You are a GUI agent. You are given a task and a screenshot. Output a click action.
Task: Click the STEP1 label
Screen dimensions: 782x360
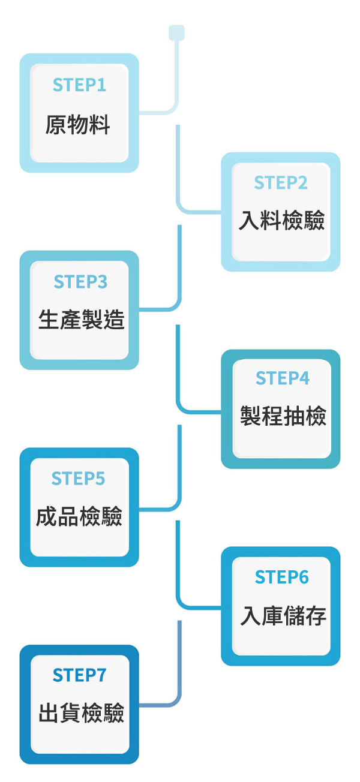[x=79, y=85]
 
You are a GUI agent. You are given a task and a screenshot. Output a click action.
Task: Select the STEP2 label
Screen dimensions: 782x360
[x=281, y=183]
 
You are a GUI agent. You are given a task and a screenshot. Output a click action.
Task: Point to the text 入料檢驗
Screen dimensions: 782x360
[x=281, y=221]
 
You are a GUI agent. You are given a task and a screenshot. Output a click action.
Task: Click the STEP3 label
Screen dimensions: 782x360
[x=80, y=282]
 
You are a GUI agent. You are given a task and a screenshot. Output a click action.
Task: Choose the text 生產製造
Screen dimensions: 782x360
[x=81, y=320]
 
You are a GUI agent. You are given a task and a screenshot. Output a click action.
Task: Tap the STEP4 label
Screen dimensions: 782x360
[x=283, y=378]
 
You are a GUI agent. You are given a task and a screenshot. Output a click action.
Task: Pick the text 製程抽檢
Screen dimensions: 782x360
[x=283, y=415]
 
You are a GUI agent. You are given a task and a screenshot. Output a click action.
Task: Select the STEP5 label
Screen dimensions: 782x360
[x=78, y=479]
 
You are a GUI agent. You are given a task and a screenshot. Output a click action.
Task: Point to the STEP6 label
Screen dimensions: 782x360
[x=282, y=577]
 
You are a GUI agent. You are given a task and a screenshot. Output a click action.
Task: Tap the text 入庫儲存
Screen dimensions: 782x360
[x=283, y=616]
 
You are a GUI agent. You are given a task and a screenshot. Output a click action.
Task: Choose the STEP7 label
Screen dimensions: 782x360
[x=79, y=675]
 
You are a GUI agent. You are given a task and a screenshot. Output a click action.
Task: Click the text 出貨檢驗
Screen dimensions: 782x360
[x=81, y=713]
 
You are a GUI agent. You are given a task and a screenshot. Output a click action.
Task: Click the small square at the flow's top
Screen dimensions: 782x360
[x=176, y=32]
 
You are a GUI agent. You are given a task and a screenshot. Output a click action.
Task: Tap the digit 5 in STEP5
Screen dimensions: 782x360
[x=100, y=479]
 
